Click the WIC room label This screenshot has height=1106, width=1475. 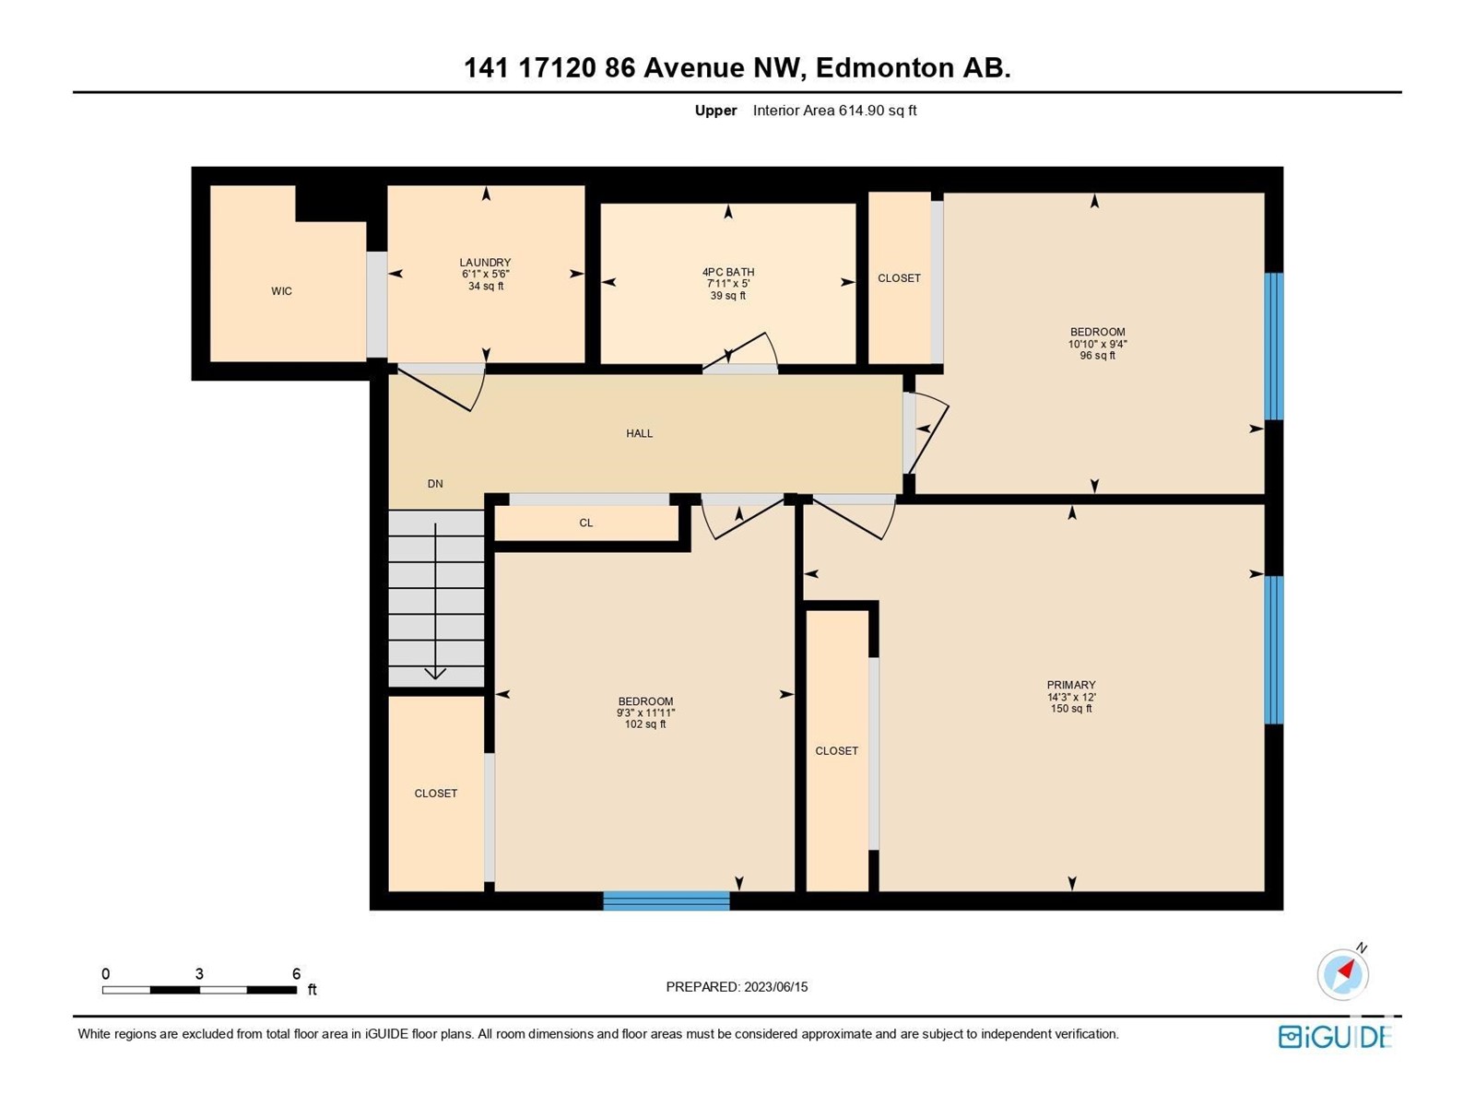(281, 290)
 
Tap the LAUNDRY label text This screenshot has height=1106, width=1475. (485, 263)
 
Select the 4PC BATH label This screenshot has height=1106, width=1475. (728, 272)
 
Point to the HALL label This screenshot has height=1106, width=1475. (639, 433)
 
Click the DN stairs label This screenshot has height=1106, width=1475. (435, 484)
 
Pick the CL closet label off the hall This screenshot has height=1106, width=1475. (586, 523)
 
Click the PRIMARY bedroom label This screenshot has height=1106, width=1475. (1071, 685)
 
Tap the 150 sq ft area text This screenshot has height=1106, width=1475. (1071, 709)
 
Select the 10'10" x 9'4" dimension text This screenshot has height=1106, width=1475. (1097, 344)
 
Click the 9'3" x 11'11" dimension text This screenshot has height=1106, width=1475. (645, 713)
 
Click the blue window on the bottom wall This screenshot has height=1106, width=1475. (666, 900)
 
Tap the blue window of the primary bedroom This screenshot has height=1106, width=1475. (1274, 650)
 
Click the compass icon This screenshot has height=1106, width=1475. (1342, 973)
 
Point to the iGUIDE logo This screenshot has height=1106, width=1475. (1335, 1037)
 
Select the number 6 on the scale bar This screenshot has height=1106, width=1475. (296, 973)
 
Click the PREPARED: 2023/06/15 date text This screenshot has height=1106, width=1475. (737, 986)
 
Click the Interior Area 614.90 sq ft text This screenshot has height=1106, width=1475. (834, 110)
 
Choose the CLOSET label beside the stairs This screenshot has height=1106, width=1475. (435, 793)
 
